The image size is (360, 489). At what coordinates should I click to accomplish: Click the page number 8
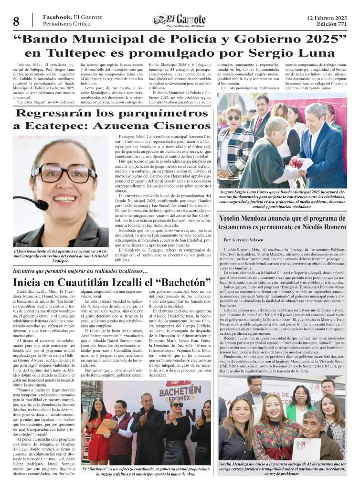pos(16,21)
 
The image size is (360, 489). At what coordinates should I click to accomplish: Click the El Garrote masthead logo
pos(180,21)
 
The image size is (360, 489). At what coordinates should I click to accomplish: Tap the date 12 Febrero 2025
pos(327,18)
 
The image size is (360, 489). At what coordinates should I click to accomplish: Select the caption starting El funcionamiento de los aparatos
pos(61,255)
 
